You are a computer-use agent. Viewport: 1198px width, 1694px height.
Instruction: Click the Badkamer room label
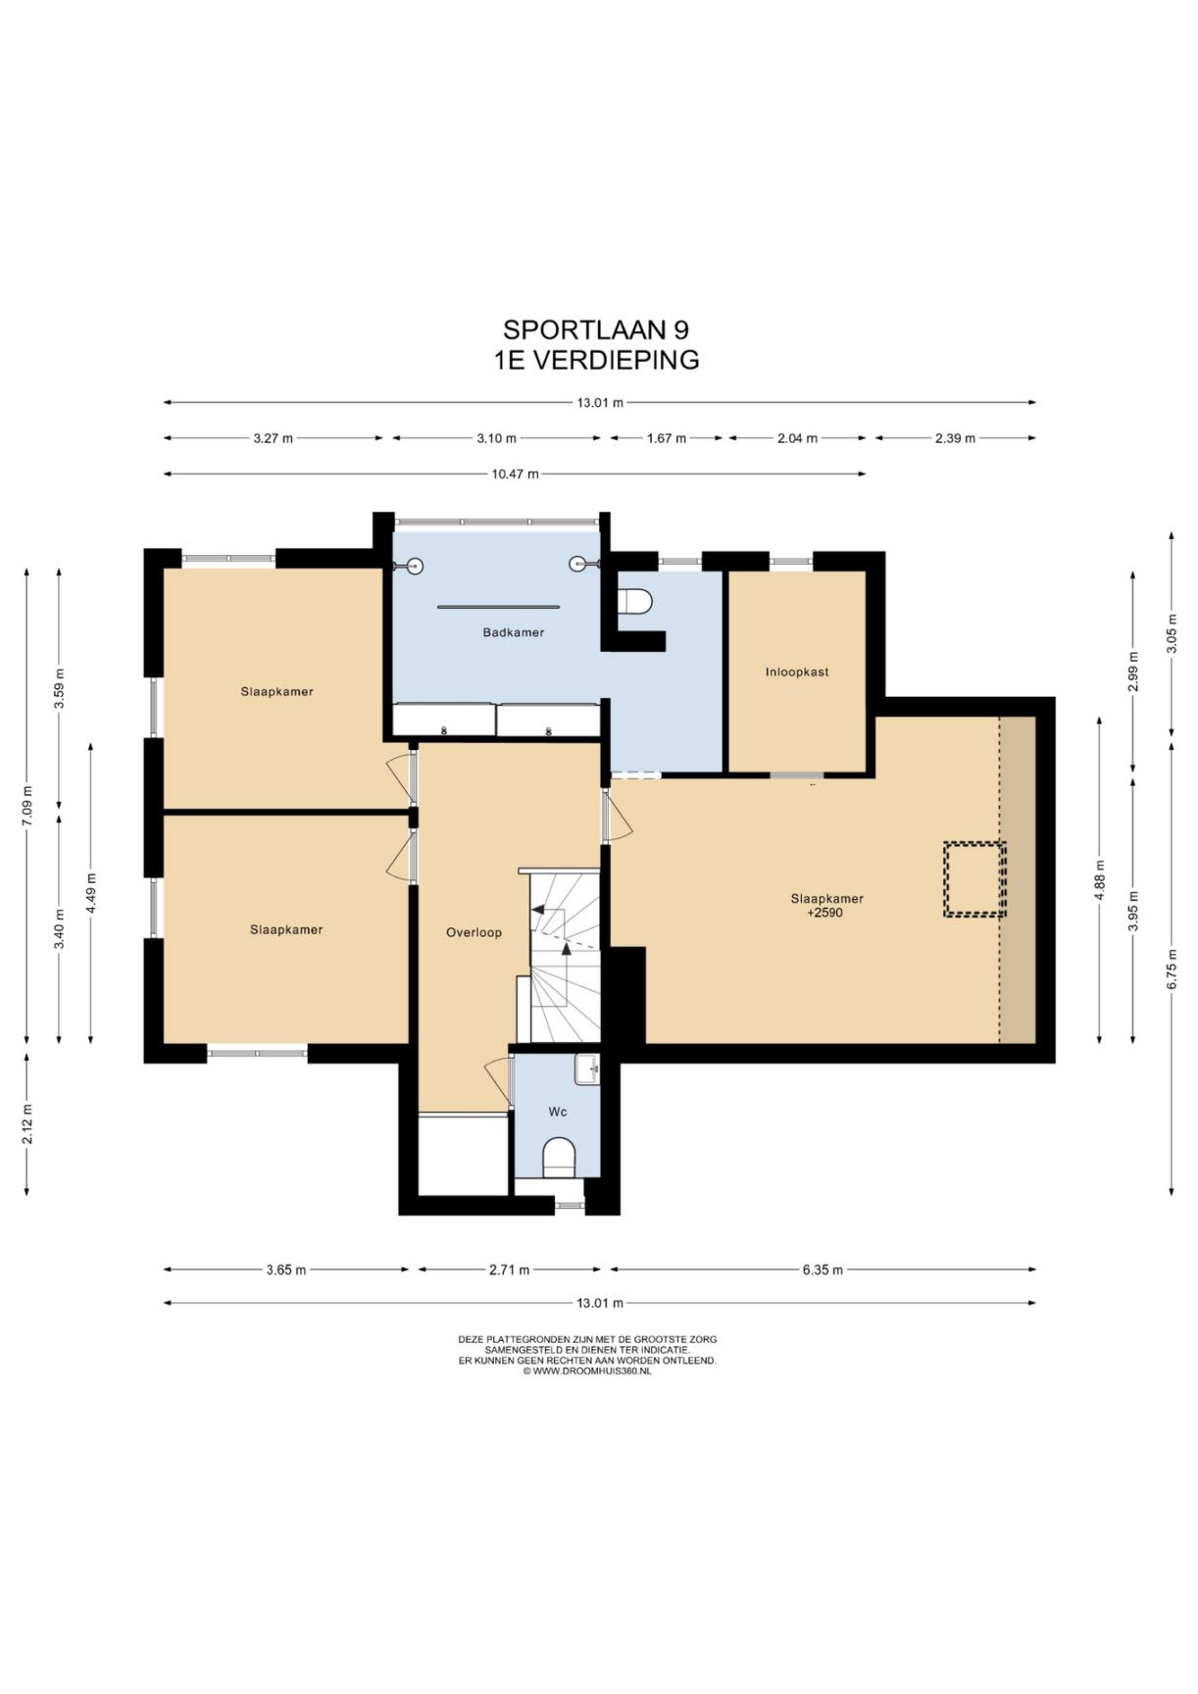click(513, 632)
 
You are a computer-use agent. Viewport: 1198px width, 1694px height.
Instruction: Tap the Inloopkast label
click(797, 672)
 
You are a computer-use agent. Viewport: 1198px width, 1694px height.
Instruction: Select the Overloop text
click(474, 932)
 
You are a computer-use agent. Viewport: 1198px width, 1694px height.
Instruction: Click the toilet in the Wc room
click(560, 1157)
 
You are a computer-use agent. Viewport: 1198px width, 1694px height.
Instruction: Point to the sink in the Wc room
click(587, 1069)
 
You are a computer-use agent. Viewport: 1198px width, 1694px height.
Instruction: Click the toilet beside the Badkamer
click(634, 600)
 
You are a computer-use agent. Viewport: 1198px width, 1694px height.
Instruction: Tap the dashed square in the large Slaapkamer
click(974, 879)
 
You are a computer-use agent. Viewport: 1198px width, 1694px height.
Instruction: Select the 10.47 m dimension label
click(515, 474)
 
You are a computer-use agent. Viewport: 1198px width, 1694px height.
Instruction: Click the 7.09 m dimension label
click(27, 806)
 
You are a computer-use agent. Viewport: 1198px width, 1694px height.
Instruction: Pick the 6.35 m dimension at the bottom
click(823, 1270)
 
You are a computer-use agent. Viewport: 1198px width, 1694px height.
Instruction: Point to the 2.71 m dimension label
click(509, 1270)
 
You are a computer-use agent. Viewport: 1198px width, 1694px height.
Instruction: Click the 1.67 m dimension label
click(666, 438)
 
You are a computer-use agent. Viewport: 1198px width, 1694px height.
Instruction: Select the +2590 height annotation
click(825, 913)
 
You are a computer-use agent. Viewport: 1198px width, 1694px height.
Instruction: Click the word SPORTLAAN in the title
click(580, 329)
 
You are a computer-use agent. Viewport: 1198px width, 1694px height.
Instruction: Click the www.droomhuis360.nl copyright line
click(587, 1371)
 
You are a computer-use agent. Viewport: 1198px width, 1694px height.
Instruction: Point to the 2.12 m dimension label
click(27, 1123)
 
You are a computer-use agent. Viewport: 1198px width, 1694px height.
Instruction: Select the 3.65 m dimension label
click(285, 1270)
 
